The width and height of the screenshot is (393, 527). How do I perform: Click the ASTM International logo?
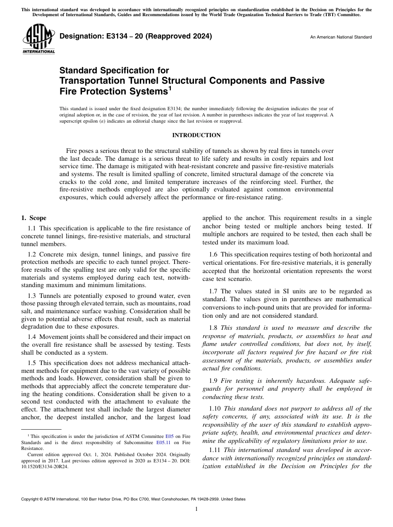(38, 40)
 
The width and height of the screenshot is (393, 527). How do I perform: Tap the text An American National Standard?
(341, 37)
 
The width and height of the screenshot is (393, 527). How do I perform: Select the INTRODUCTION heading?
(196, 135)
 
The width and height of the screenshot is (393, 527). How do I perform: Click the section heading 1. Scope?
(34, 218)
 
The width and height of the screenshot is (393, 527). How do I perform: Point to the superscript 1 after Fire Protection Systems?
(170, 88)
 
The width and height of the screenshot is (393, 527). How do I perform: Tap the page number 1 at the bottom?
(196, 509)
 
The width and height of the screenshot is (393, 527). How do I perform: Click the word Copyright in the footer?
(31, 499)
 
